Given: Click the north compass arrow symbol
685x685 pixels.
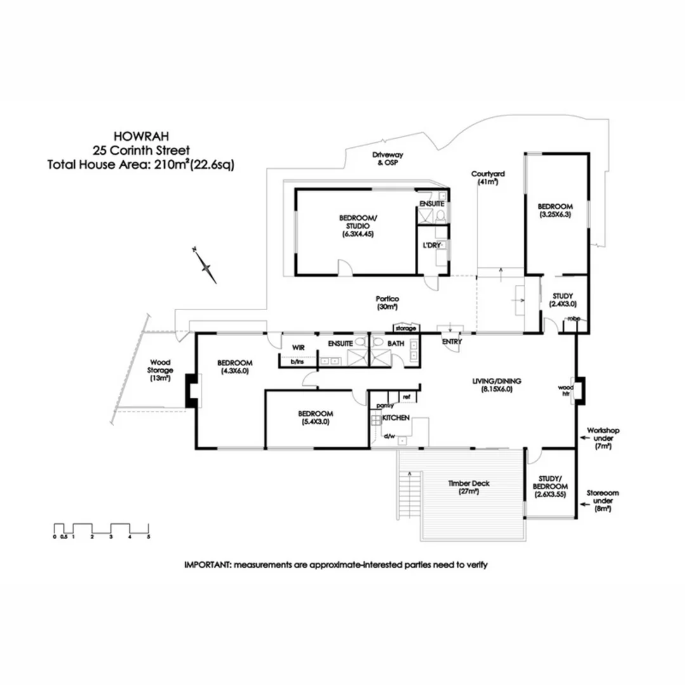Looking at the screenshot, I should (x=206, y=266).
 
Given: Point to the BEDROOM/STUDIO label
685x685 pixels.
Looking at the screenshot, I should (x=358, y=222).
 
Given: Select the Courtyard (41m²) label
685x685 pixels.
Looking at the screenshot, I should (x=487, y=178).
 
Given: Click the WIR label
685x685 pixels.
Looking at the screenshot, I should (x=299, y=348).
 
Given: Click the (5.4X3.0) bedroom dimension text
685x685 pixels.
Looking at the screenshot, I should (x=315, y=422).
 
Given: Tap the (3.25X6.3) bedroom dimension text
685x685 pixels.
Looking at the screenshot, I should (x=555, y=215).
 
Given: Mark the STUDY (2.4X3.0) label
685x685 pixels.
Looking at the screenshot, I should (x=563, y=300).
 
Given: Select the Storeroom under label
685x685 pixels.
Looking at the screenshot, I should (x=603, y=500).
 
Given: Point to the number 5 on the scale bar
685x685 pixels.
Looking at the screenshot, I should (x=148, y=537).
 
